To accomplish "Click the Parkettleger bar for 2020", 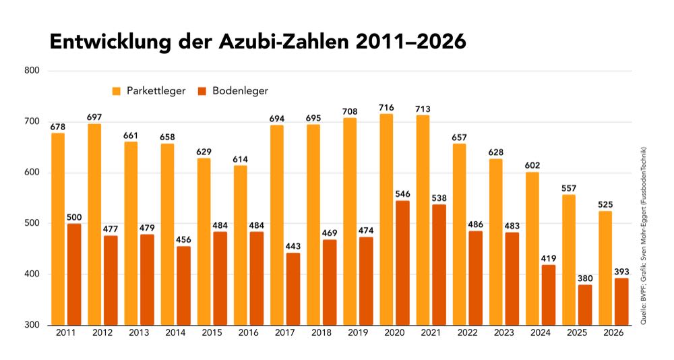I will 386,219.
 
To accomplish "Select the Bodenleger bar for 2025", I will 585,305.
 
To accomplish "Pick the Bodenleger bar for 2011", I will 74,274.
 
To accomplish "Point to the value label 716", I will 386,107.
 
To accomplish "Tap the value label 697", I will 94,117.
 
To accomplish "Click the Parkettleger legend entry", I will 149,90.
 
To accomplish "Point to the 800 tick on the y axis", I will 33,71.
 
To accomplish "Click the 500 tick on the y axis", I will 33,223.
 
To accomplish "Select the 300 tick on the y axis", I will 33,325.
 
